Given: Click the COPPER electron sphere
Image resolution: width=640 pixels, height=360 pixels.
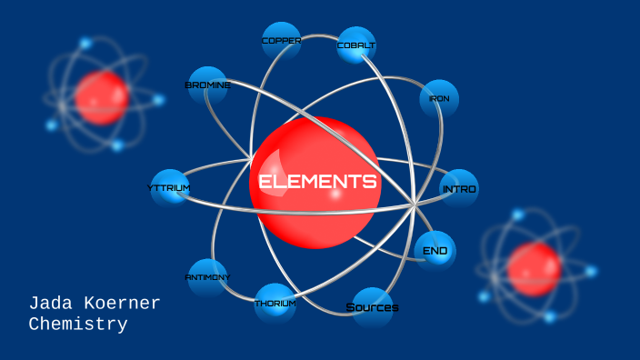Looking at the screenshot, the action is coord(281,41).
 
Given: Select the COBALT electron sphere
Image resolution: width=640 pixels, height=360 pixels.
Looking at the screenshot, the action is coord(356,45).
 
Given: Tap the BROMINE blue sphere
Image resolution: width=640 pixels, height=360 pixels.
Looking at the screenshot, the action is coord(207,85).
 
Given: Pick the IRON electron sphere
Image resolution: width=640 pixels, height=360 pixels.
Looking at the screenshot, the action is coord(439,99).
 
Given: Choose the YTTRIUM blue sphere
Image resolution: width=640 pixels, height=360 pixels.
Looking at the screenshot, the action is coord(170,188).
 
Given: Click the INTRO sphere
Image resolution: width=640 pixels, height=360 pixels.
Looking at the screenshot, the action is coord(459,188).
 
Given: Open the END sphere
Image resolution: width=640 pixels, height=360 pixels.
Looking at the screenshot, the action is coord(435,251).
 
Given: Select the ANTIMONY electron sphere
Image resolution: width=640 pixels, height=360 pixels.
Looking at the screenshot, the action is coord(207,277).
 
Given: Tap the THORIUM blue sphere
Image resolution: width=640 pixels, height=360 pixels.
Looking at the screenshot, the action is coord(275,304).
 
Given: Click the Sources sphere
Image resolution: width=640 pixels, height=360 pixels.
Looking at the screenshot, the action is coord(372,307).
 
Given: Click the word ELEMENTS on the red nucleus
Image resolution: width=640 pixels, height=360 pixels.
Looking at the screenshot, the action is coord(317,182).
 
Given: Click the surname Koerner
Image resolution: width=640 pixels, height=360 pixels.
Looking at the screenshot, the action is coord(122,304).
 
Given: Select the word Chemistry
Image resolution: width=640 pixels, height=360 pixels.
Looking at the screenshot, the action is coord(78,325).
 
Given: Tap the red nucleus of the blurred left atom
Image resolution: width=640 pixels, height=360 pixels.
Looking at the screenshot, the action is coord(102,98).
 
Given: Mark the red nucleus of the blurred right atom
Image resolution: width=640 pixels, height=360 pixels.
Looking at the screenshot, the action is coord(535,269).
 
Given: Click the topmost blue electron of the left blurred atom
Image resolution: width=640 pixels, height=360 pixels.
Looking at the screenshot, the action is coord(85,43).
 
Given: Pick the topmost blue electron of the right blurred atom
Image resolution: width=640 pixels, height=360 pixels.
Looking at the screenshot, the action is coord(518,215).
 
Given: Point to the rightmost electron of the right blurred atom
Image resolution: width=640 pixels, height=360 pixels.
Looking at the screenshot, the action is coord(591,271).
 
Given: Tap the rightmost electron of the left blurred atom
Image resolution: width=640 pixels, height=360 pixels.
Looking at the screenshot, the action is coord(158,99).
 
